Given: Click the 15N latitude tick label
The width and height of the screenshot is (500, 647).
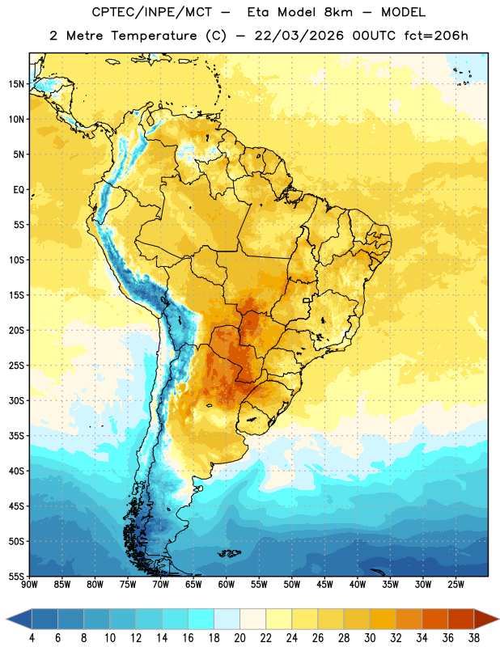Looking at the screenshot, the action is click(16, 84).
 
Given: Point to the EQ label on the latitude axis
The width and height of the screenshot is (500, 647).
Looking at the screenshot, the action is click(19, 190).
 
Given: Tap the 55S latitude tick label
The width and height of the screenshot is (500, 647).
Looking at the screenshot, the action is click(16, 576).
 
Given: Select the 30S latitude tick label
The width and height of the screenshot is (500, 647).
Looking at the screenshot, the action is click(16, 400).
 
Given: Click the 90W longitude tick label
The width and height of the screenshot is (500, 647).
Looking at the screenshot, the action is click(29, 585).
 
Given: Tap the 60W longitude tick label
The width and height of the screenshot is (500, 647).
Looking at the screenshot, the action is click(227, 585).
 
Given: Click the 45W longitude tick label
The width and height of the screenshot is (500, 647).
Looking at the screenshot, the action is click(324, 585).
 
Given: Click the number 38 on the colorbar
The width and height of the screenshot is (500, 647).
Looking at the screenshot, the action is click(474, 638).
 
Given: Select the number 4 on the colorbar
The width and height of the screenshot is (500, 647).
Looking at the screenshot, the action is click(32, 638).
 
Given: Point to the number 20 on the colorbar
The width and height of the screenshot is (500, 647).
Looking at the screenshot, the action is click(239, 638).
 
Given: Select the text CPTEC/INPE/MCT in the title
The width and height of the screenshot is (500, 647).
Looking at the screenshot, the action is click(151, 12).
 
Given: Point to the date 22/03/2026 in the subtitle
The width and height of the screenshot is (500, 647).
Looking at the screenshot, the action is click(299, 36).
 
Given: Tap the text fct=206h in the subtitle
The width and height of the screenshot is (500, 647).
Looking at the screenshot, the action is click(436, 36).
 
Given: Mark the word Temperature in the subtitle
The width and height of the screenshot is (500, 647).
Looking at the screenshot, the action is click(154, 36).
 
